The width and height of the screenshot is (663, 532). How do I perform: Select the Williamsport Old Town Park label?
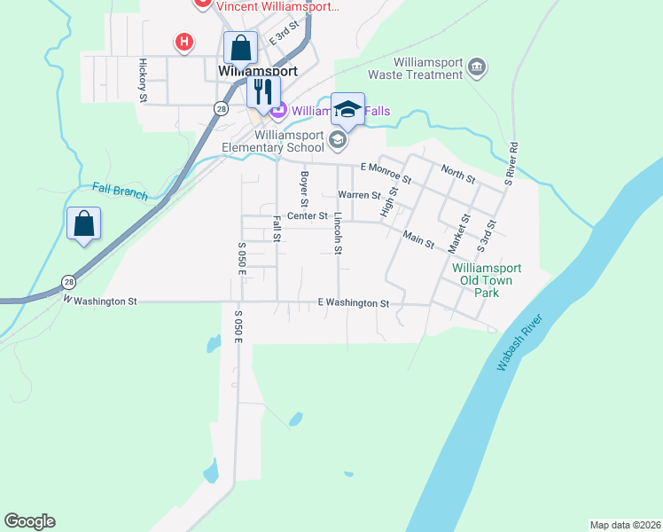(487, 280)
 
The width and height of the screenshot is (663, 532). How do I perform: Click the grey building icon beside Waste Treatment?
(477, 67)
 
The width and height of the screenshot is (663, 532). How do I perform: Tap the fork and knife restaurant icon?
(263, 90)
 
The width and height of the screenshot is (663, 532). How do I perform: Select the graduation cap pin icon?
(347, 109)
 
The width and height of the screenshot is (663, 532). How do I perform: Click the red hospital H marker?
(184, 42)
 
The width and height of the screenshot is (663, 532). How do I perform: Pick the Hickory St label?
(142, 80)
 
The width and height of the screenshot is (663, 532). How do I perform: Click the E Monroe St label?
(386, 172)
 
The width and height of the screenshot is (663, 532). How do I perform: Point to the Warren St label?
(359, 195)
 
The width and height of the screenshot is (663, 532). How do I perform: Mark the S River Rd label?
(510, 163)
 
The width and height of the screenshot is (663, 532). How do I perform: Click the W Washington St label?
(99, 301)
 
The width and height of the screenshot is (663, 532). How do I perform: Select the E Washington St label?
(354, 303)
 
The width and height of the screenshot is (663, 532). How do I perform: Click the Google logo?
(29, 521)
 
